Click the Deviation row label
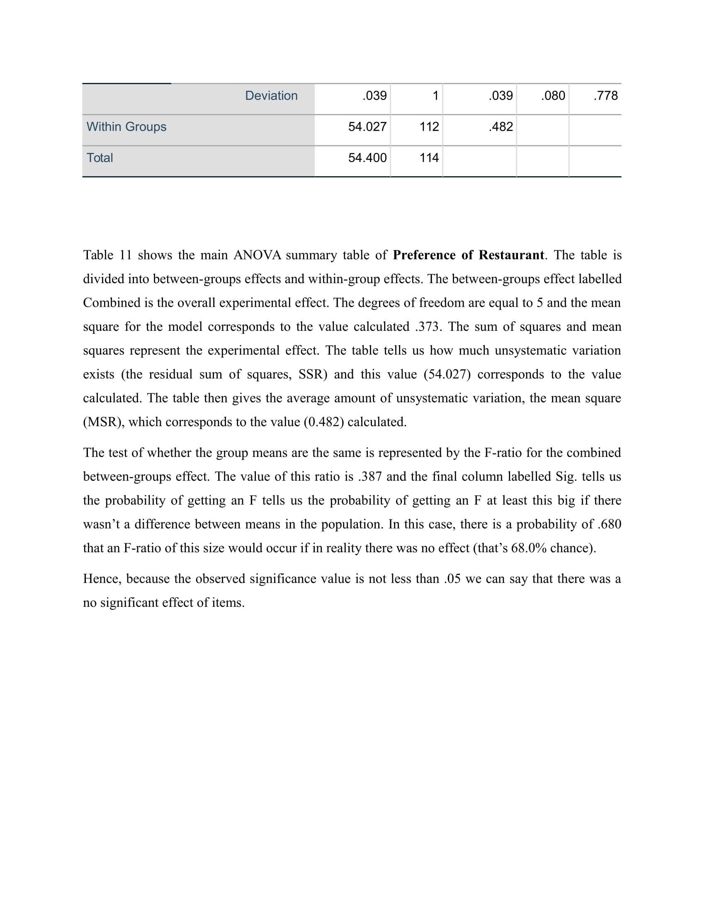[x=271, y=96]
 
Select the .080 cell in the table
[x=553, y=96]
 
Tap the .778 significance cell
[x=605, y=96]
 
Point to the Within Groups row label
[x=126, y=126]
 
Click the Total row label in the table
[x=100, y=158]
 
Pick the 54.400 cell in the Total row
[x=367, y=158]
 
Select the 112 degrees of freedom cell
[x=429, y=126]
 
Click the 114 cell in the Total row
[x=429, y=158]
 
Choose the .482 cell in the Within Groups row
[x=501, y=126]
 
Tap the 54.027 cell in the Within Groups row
[x=367, y=126]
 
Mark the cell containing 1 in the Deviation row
[x=435, y=96]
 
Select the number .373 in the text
[x=428, y=326]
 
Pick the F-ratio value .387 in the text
[x=370, y=476]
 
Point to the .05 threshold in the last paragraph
[x=452, y=579]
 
